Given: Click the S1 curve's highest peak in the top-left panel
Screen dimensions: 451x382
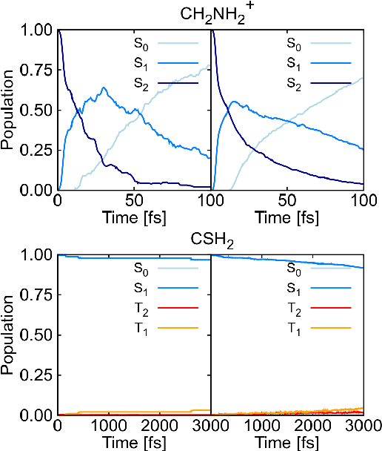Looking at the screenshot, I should (x=103, y=88).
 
